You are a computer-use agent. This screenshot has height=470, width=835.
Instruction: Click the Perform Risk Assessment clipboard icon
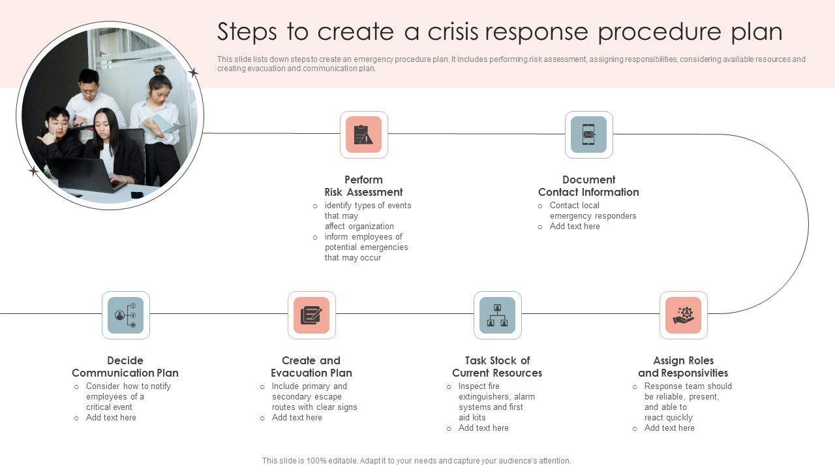click(x=363, y=134)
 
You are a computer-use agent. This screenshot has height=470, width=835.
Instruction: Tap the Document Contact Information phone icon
click(x=588, y=134)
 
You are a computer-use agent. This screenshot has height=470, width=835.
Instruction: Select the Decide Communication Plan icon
click(x=125, y=315)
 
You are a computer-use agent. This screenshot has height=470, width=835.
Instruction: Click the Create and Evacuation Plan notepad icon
click(x=311, y=315)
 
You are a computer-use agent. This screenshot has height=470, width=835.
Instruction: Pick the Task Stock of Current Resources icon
click(x=497, y=315)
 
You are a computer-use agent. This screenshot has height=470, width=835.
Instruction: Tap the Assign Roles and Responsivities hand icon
click(x=683, y=315)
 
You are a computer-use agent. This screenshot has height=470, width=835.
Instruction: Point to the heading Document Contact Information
click(x=588, y=186)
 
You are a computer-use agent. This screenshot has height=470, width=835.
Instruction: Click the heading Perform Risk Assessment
click(x=363, y=186)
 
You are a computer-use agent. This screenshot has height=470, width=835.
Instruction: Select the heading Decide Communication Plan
click(x=125, y=367)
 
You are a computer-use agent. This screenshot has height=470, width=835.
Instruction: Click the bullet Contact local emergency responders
click(x=592, y=210)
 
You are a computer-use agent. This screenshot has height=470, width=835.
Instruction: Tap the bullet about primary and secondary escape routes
click(x=314, y=396)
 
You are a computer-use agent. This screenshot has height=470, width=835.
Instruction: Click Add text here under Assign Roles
click(x=669, y=428)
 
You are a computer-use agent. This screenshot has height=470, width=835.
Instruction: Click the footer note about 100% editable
click(x=416, y=461)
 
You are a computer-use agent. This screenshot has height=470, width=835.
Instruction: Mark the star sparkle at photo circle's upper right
click(x=193, y=73)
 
